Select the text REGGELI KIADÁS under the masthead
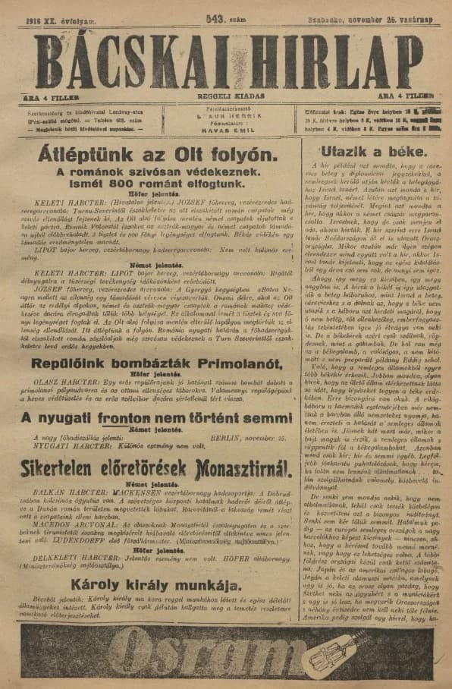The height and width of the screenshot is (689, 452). pyautogui.click(x=226, y=96)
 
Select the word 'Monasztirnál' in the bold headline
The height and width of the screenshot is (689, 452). pyautogui.click(x=219, y=468)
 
